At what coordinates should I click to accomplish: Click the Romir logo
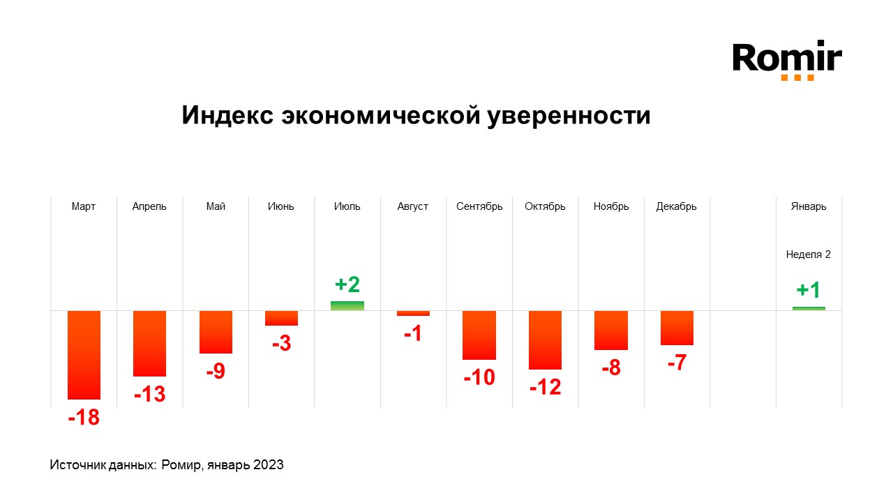[787, 60]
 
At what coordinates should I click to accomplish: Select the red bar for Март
[84, 354]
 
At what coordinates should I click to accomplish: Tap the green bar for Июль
[347, 305]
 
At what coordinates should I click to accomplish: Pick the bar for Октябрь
[545, 340]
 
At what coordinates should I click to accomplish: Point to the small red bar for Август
[413, 313]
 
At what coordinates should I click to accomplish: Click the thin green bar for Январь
[809, 308]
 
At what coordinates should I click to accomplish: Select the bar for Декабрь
[677, 328]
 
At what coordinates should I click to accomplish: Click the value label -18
[84, 418]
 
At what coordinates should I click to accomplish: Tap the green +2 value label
[347, 284]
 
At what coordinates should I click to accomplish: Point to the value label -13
[149, 395]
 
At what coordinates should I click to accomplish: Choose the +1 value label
[809, 290]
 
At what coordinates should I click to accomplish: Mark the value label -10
[479, 378]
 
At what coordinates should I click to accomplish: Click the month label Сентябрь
[479, 206]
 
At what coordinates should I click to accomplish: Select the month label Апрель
[149, 206]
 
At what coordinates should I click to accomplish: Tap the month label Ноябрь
[611, 206]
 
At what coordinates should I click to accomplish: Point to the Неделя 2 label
[809, 254]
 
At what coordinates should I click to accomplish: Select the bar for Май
[216, 332]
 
